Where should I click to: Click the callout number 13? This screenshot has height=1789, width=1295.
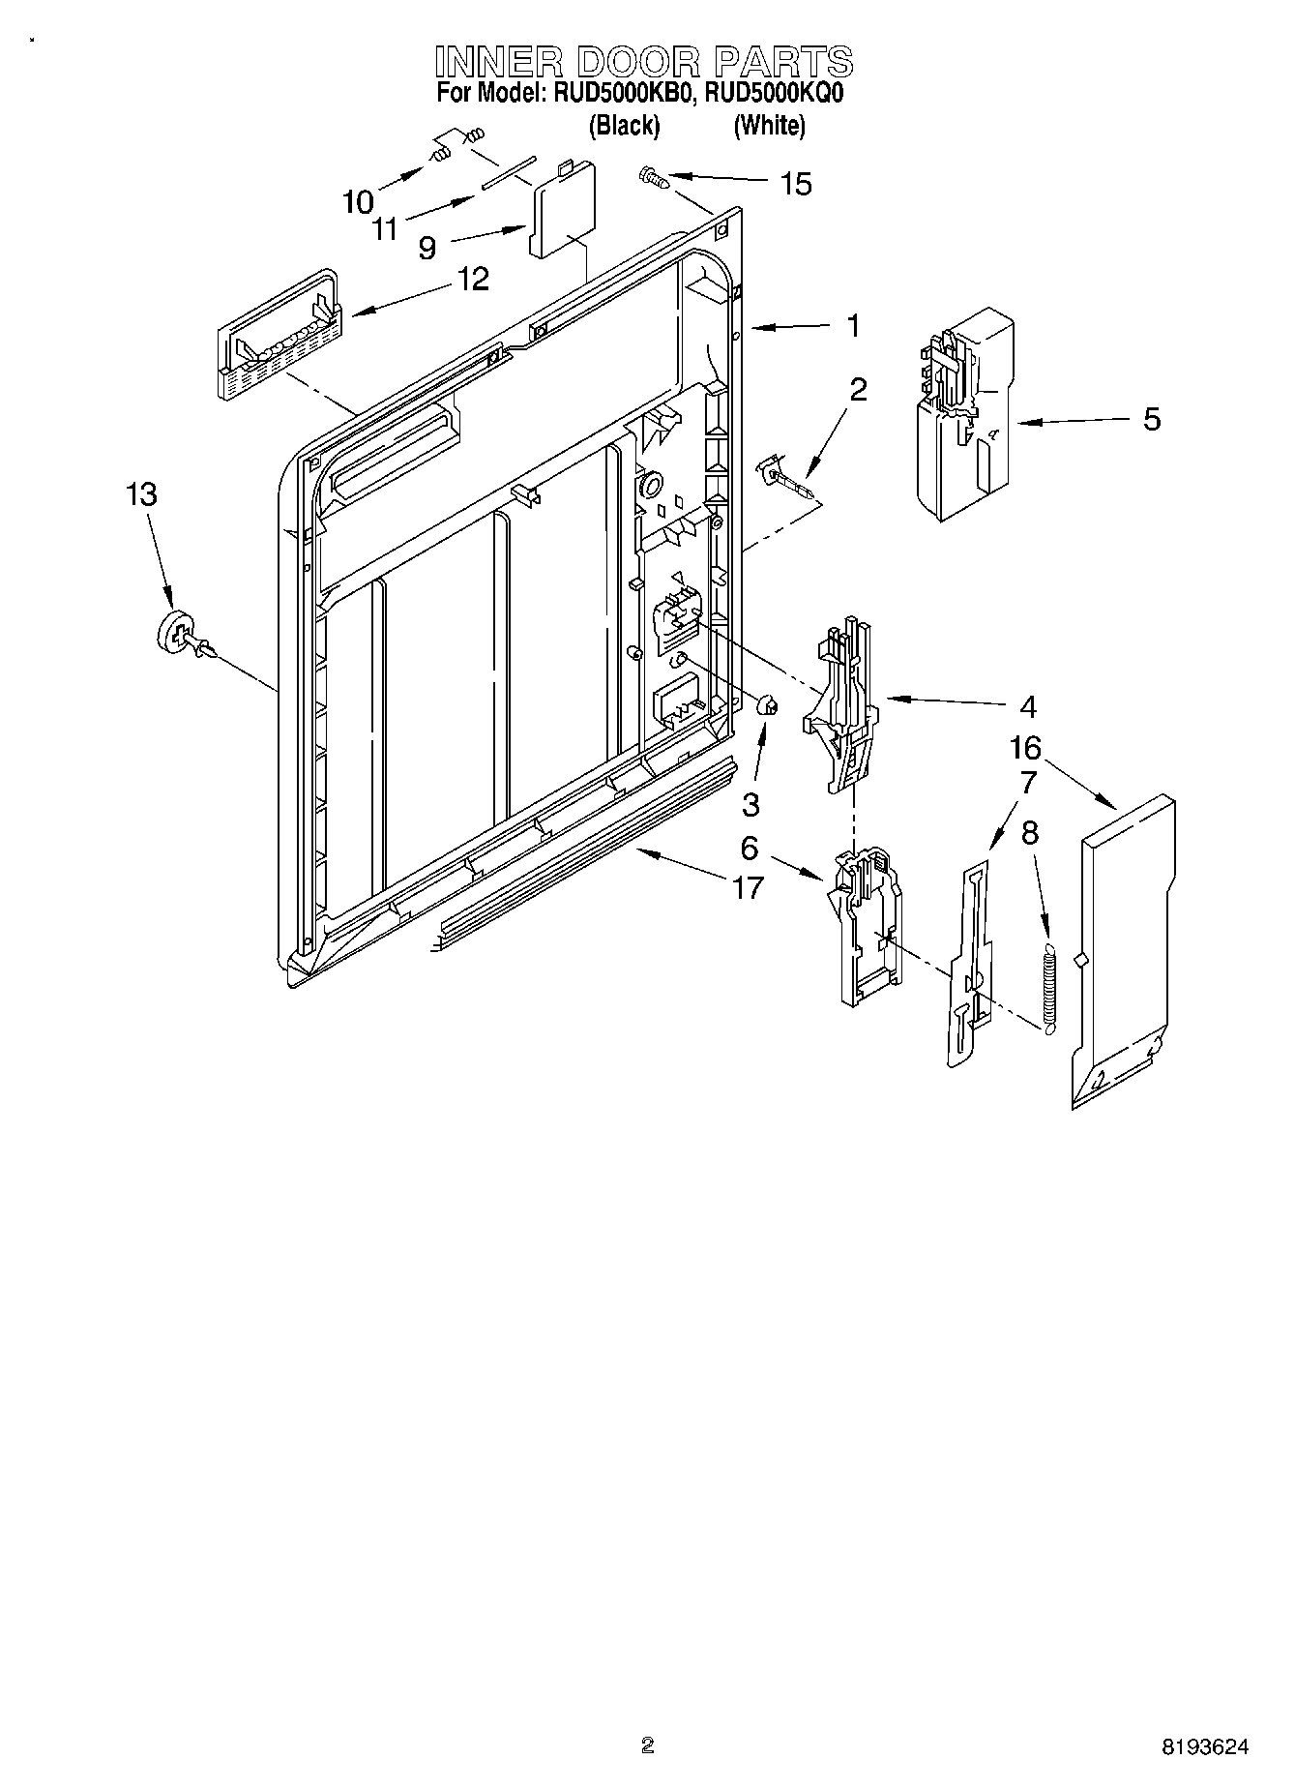pos(141,494)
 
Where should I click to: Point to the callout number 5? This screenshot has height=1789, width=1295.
pos(1151,419)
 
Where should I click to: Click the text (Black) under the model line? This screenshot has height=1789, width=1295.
pos(625,125)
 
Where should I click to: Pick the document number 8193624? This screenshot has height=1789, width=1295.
pos(1204,1746)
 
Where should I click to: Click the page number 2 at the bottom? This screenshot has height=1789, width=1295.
pos(647,1745)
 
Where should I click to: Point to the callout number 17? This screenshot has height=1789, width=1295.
pos(748,886)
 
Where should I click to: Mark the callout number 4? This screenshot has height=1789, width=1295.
pos(1028,707)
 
